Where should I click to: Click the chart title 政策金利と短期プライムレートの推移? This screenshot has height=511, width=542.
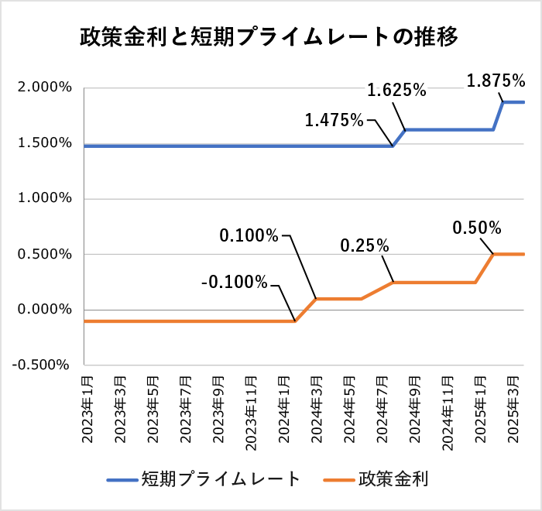pyautogui.click(x=270, y=37)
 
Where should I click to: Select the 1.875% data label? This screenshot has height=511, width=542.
pyautogui.click(x=496, y=80)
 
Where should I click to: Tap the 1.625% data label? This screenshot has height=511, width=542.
pyautogui.click(x=396, y=91)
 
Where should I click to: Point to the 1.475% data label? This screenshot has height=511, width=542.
pyautogui.click(x=334, y=120)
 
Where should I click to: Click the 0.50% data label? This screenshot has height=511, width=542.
pyautogui.click(x=477, y=228)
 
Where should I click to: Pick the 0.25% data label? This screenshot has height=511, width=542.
pyautogui.click(x=365, y=246)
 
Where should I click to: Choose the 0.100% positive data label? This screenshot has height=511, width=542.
pyautogui.click(x=249, y=235)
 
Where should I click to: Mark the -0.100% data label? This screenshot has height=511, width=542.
pyautogui.click(x=233, y=282)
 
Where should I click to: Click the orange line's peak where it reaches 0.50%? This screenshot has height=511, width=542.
pyautogui.click(x=494, y=254)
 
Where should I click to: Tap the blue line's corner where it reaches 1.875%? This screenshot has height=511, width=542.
pyautogui.click(x=504, y=102)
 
